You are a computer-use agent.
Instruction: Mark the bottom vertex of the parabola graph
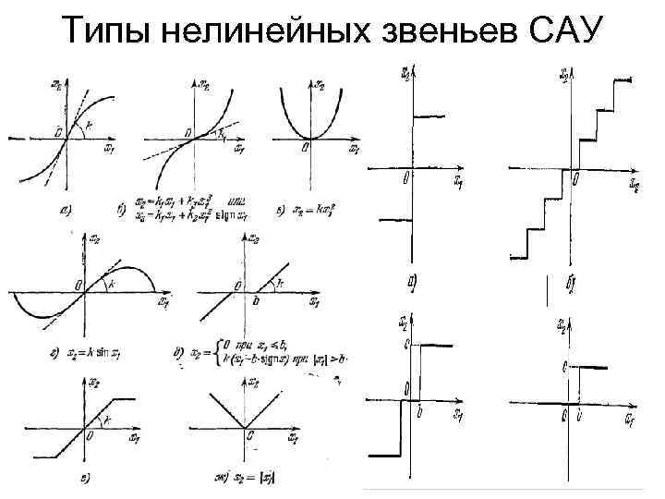(310, 139)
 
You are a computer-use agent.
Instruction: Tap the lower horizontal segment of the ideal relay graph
(393, 220)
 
